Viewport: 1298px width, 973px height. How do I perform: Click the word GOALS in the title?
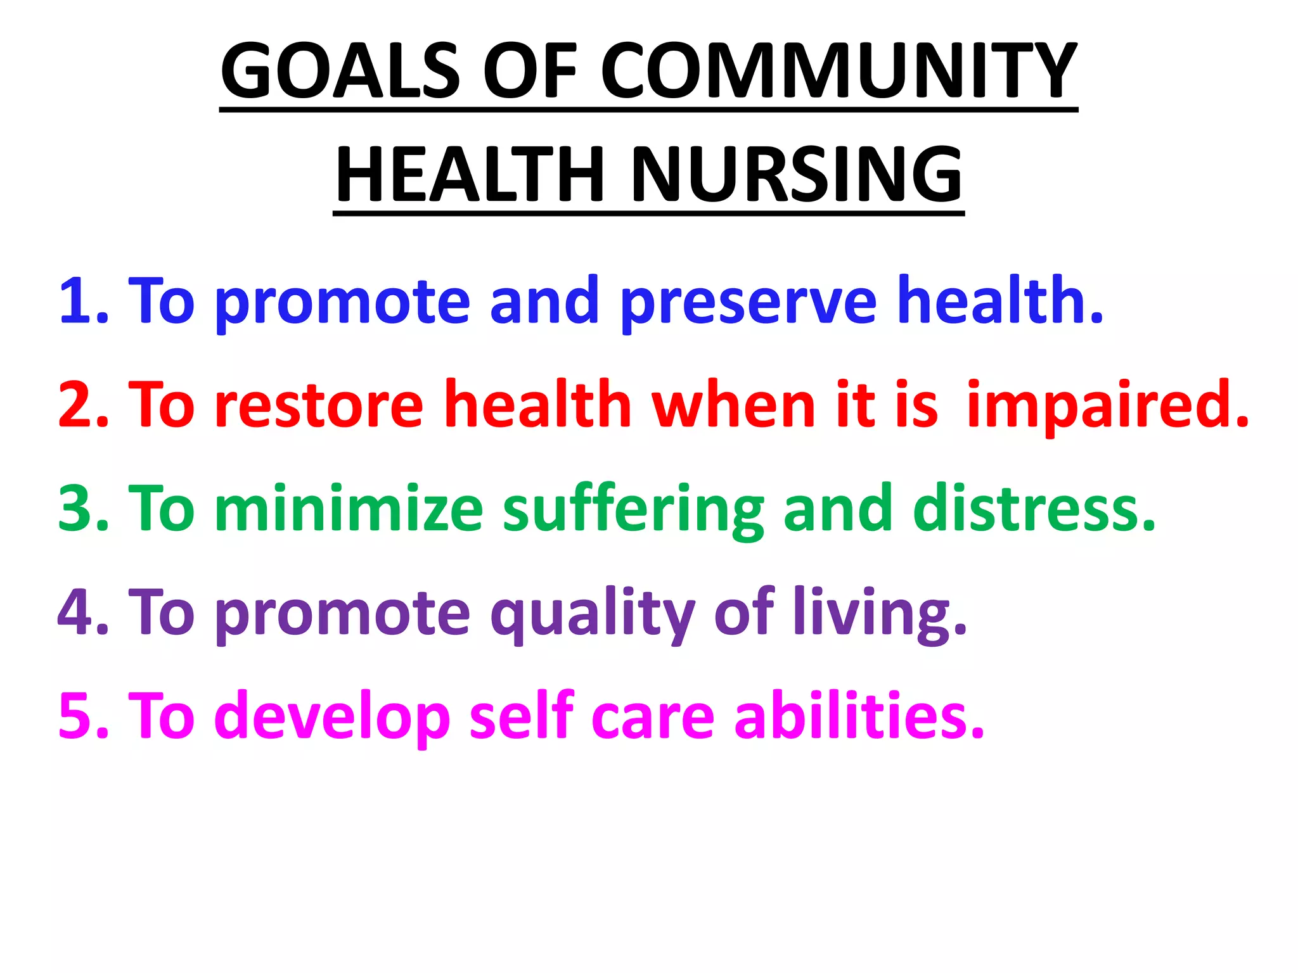[339, 70]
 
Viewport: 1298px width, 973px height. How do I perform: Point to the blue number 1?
[76, 300]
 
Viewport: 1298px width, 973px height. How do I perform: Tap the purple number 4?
[76, 612]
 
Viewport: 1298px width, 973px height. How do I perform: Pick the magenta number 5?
[76, 716]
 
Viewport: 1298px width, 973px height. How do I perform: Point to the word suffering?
[633, 511]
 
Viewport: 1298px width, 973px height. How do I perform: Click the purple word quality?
[593, 614]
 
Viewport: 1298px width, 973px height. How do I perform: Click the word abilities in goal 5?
[859, 716]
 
